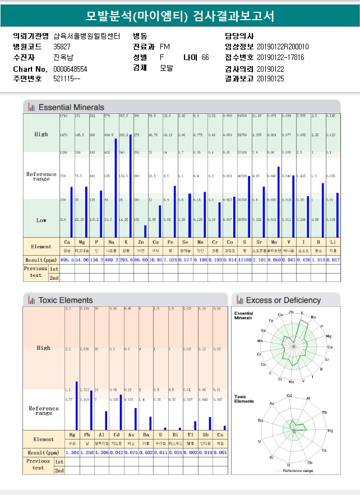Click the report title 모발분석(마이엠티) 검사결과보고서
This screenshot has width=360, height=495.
pos(180,16)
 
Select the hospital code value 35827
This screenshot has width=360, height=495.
pos(62,47)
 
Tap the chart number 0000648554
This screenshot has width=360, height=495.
pos(70,68)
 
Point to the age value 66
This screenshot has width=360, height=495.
pos(205,57)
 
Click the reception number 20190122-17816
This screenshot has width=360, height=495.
pos(280,57)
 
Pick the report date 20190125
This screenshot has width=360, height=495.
pos(271,79)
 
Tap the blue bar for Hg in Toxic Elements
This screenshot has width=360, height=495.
pos(76,405)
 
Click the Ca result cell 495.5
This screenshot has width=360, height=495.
pos(67,260)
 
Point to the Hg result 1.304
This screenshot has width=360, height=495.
pos(72,452)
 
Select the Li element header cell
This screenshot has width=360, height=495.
pos(333,242)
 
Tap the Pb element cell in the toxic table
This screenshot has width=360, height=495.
pos(86,434)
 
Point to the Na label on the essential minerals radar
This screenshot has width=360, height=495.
pos(313,317)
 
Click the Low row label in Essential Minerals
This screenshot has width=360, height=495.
pos(41,220)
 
